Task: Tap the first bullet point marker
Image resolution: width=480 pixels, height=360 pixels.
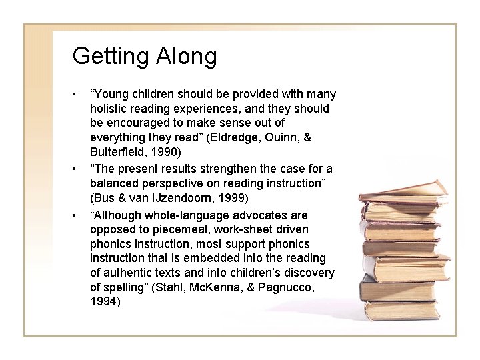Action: (x=77, y=94)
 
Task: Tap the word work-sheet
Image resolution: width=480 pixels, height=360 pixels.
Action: (x=233, y=229)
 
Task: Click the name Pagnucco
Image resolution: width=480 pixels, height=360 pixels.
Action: (x=293, y=287)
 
